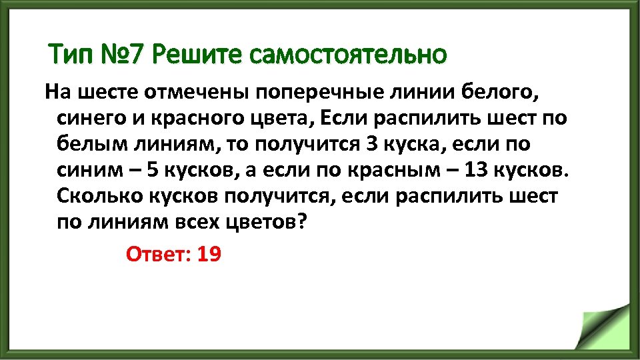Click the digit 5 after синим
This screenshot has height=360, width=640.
pos(151,171)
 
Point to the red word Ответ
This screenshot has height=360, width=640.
pos(157,254)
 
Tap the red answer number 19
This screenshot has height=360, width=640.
pos(209,254)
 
